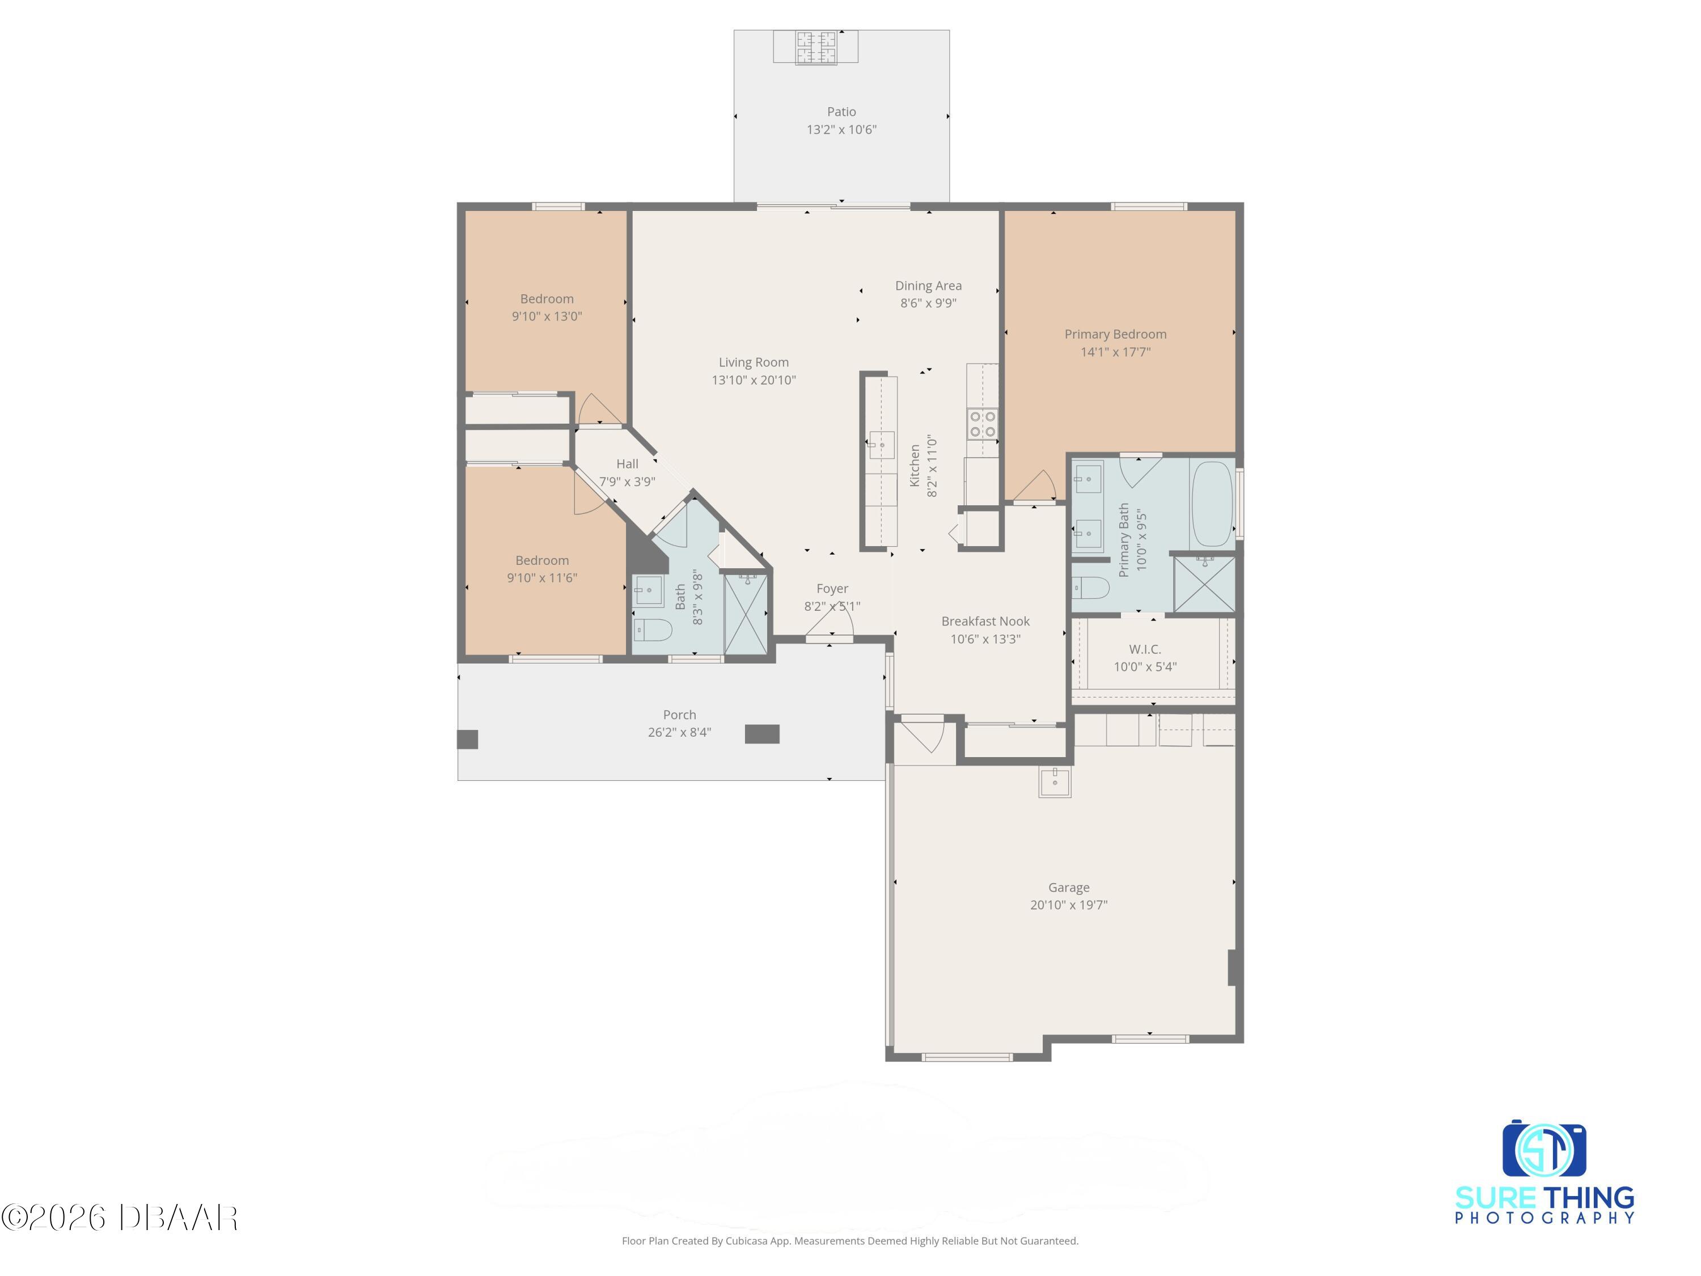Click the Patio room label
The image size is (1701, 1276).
click(x=841, y=112)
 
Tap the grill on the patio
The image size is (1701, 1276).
click(x=815, y=47)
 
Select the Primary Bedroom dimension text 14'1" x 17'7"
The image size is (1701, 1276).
click(x=1115, y=352)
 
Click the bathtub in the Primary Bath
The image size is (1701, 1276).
click(x=1211, y=504)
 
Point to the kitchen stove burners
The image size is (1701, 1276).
click(x=982, y=424)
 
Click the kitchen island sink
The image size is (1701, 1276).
click(x=881, y=445)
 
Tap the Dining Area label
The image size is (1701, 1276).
click(x=928, y=285)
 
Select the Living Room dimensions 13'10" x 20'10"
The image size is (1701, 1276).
click(x=754, y=380)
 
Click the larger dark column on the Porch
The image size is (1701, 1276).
click(x=762, y=734)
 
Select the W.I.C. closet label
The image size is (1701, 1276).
click(x=1145, y=650)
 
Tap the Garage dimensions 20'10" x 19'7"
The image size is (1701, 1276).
click(x=1068, y=905)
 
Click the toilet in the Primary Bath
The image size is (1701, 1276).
click(x=1090, y=589)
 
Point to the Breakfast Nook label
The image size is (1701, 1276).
click(x=985, y=622)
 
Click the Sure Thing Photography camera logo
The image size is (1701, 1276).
click(x=1544, y=1149)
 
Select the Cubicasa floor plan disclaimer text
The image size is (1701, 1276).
click(x=850, y=1241)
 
